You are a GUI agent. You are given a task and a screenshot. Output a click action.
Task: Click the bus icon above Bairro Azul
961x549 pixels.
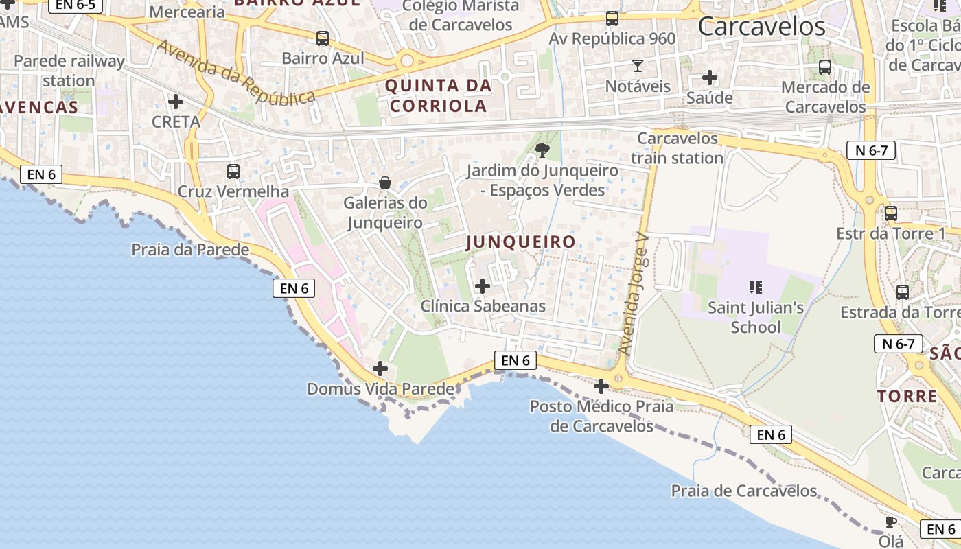pos(323,38)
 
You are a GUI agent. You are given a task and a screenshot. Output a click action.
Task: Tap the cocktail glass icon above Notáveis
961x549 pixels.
pos(638,66)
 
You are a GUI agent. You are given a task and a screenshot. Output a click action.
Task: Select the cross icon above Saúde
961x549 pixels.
pos(710,78)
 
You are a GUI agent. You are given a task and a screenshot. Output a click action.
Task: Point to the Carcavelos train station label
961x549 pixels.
pos(678,148)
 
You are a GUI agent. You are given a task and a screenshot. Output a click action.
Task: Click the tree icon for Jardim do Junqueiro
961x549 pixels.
pos(542,150)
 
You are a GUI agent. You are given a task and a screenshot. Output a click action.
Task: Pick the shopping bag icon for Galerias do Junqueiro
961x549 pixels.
pos(385,183)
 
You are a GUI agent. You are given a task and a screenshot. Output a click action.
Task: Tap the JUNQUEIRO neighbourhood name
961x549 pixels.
pos(520,242)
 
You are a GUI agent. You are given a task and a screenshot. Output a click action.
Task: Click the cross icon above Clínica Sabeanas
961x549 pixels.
pos(483,285)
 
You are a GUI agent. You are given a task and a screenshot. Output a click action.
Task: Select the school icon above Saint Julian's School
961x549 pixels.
pos(756,287)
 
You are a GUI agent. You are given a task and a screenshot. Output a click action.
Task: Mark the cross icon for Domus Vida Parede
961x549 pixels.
pos(380,369)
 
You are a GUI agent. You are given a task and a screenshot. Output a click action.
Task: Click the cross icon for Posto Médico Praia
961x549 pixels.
pos(601,386)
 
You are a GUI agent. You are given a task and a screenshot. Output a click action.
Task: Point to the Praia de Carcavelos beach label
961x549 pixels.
pos(744,491)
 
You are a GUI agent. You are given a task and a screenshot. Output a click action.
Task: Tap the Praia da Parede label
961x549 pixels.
pos(190,250)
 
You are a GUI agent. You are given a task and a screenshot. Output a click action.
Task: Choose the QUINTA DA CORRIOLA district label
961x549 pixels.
pos(439,96)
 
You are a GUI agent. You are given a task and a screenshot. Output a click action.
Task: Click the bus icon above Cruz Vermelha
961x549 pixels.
pos(233,172)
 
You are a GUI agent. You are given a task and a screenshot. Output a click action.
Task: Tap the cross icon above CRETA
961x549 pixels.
pos(176,102)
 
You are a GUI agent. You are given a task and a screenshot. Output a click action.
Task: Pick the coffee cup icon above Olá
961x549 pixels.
pos(891,522)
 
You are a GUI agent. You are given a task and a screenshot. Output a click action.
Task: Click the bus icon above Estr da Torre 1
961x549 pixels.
pos(891,213)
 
